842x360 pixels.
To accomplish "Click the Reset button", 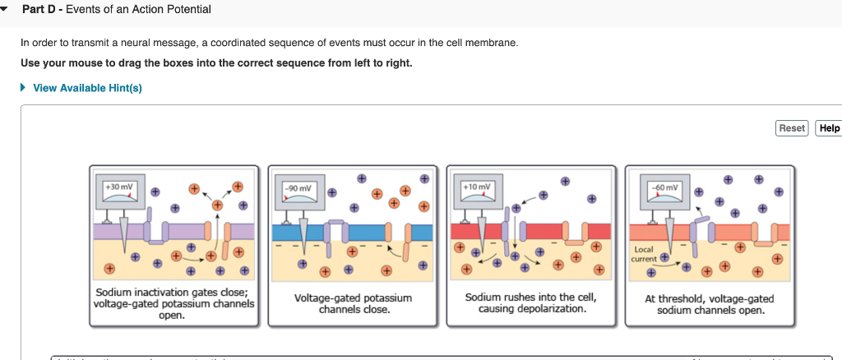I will point(792,128).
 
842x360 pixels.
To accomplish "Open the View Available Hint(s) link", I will point(87,88).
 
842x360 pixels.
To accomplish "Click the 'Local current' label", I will point(645,253).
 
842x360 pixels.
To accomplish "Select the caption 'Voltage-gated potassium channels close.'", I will point(353,303).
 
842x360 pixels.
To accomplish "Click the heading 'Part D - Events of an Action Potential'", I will point(116,9).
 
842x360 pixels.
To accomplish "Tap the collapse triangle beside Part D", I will point(7,9).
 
